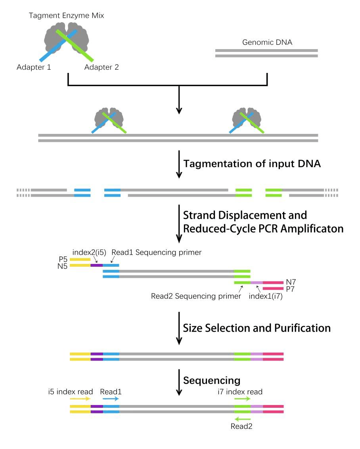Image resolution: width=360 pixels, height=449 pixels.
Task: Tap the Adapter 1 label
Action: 34,67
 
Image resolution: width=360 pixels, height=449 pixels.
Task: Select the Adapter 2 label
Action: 101,67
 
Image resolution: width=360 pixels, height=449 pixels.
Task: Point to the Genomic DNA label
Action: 267,42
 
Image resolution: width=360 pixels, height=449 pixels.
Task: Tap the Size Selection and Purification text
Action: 257,328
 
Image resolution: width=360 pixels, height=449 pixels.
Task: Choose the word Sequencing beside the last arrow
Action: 212,380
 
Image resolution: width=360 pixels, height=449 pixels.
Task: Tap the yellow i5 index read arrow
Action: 80,399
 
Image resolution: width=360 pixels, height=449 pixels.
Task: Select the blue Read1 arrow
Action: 111,399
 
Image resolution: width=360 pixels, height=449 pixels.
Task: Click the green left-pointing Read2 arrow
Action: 242,419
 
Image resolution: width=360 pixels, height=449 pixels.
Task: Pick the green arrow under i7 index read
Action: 242,399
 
